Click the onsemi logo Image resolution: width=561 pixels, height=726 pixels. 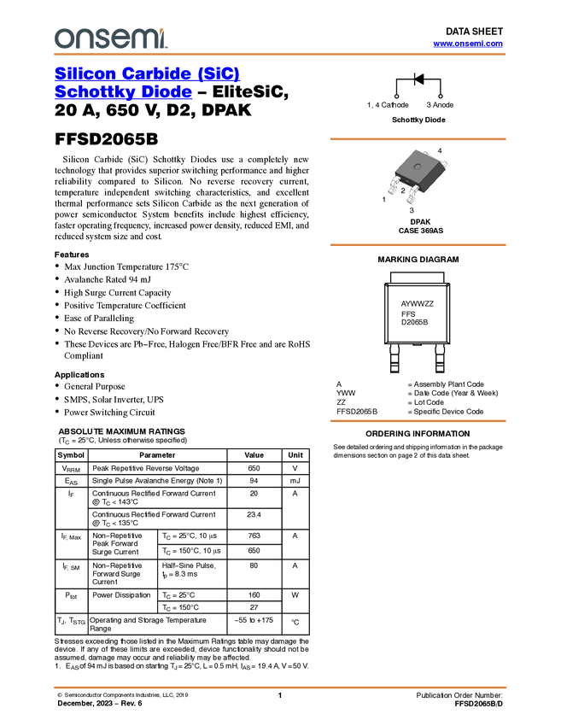110,38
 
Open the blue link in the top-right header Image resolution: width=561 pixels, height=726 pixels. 468,44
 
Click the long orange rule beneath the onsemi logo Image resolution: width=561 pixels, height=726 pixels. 279,55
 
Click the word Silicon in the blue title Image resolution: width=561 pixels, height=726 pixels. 81,73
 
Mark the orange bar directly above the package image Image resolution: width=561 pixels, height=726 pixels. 418,138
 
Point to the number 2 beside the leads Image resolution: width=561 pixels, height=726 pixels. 403,191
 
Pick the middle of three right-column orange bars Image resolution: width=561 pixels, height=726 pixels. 418,245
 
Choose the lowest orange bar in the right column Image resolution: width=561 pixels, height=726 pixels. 418,421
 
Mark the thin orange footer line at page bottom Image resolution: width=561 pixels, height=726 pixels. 279,687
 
